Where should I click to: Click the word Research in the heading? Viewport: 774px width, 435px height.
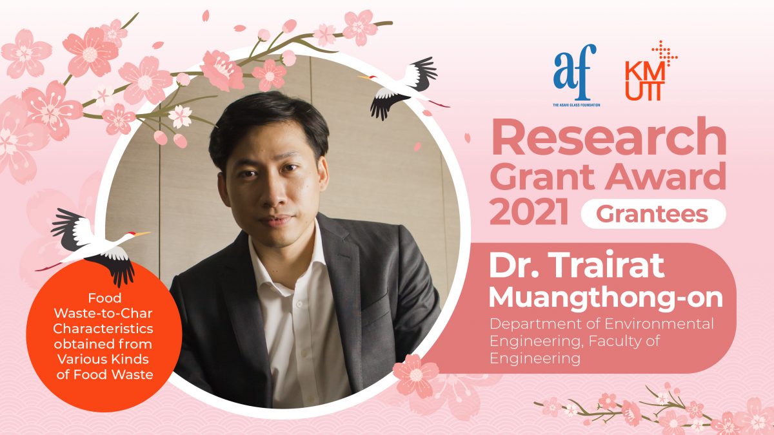(x=608, y=137)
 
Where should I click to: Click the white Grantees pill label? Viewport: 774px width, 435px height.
(x=653, y=214)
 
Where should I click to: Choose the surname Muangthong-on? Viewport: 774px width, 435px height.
(x=606, y=298)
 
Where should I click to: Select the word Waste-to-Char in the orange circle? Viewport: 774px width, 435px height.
(x=103, y=313)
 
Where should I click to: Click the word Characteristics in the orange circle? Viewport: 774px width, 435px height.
(x=103, y=329)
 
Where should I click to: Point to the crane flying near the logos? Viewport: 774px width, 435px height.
(x=403, y=88)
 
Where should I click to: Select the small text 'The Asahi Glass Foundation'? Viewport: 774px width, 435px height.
(x=577, y=104)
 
